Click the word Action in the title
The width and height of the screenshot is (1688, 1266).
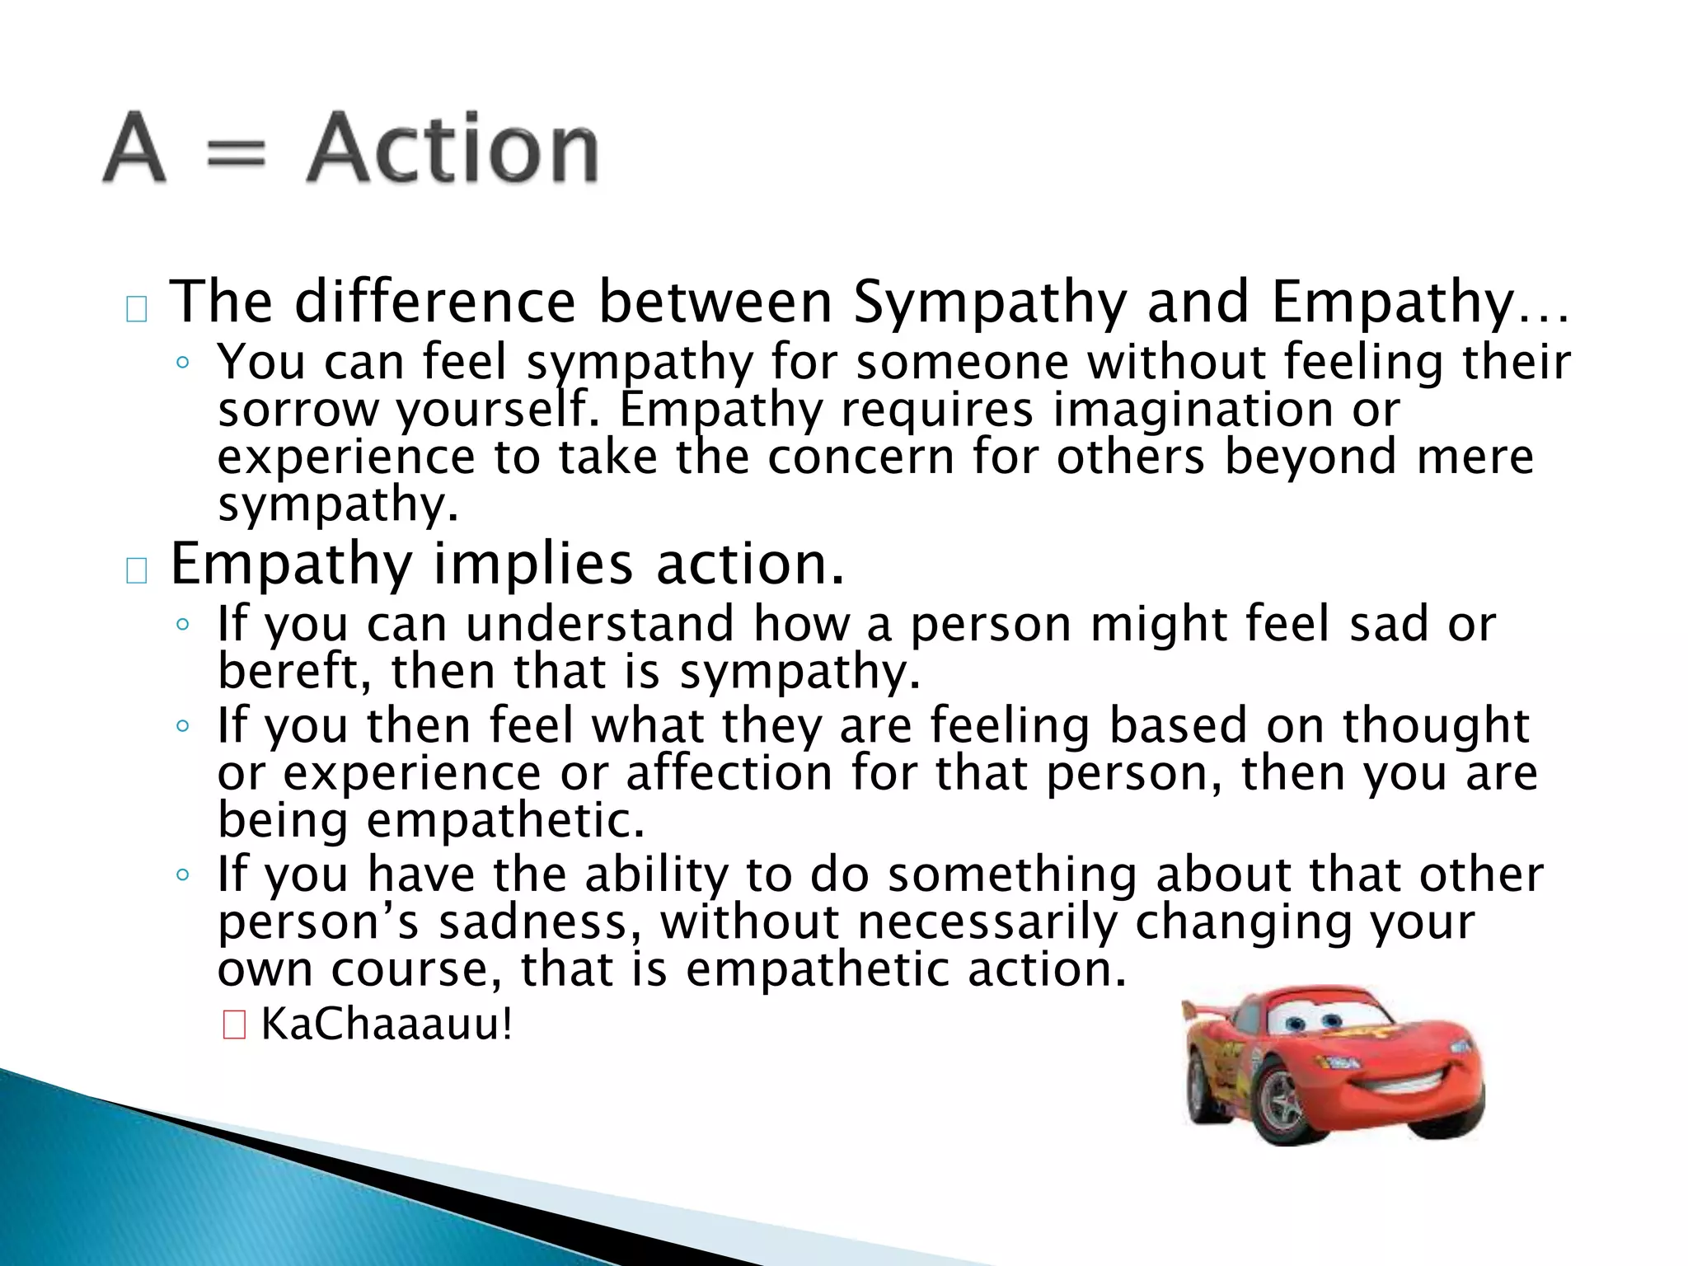(x=452, y=150)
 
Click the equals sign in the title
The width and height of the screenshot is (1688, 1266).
(x=236, y=154)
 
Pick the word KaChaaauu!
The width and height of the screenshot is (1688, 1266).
(x=387, y=1025)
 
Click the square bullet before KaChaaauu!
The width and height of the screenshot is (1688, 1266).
(x=234, y=1026)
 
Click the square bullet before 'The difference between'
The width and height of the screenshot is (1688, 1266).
(x=137, y=310)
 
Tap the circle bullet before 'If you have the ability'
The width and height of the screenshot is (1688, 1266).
(x=183, y=875)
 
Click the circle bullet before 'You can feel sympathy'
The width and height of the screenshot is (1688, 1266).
(x=183, y=363)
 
